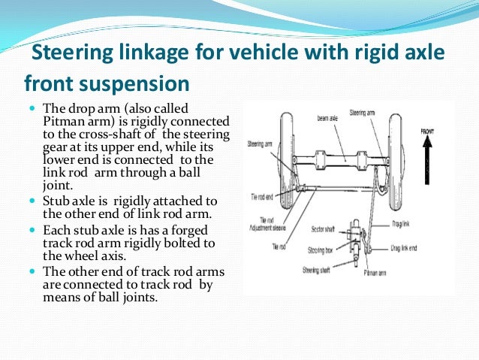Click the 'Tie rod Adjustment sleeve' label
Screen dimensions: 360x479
264,223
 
